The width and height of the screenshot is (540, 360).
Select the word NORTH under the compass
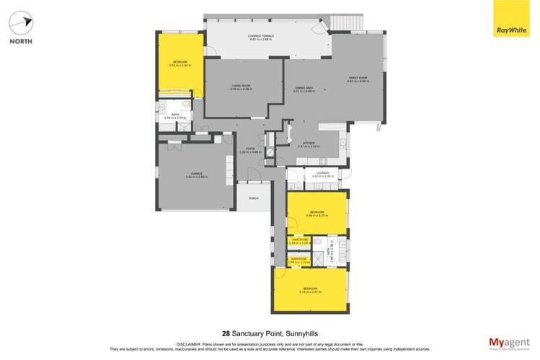click(x=20, y=41)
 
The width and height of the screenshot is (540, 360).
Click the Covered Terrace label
click(x=261, y=38)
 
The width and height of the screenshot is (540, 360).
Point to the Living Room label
click(x=241, y=87)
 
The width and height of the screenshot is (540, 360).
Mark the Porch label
click(x=253, y=198)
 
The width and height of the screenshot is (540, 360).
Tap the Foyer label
click(x=250, y=150)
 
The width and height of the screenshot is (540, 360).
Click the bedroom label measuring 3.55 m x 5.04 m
click(x=180, y=63)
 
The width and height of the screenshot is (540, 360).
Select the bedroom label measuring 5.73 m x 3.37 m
click(x=310, y=290)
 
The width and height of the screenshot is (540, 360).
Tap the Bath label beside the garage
click(x=176, y=117)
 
